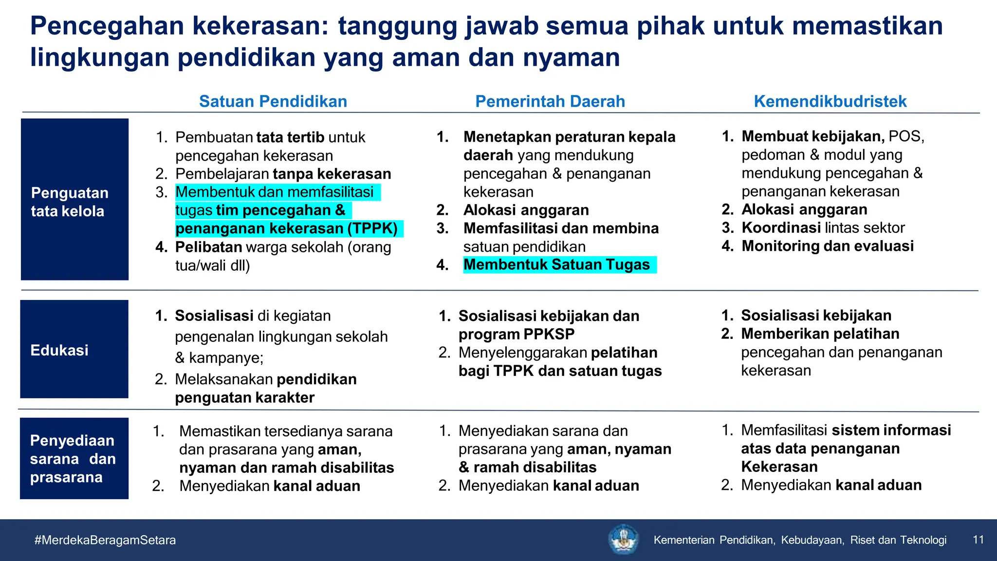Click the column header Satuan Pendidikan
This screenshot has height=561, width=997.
tap(273, 101)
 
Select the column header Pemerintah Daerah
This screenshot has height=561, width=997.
tap(550, 101)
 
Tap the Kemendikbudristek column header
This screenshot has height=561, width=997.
tap(830, 101)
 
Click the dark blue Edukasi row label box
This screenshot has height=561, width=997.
tap(74, 349)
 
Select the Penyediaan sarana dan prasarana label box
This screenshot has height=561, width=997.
tap(74, 458)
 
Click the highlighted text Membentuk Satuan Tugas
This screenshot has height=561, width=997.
tap(556, 264)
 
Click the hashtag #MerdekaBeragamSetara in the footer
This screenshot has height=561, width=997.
tap(105, 540)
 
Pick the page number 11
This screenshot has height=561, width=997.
tap(978, 540)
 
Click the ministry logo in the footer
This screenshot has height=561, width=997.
tap(623, 539)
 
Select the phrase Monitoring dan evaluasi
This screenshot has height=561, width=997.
tap(827, 246)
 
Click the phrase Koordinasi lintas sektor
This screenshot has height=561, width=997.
tap(823, 227)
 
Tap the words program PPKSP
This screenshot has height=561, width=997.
tap(516, 334)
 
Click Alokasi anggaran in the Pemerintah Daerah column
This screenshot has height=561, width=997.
tap(526, 210)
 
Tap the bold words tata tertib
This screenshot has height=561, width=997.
tap(290, 137)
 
